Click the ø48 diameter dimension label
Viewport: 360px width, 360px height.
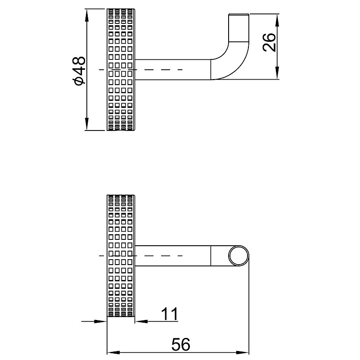(78, 71)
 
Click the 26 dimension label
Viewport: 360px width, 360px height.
(269, 42)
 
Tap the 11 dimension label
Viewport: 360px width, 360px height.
(170, 314)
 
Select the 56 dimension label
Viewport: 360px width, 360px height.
(181, 344)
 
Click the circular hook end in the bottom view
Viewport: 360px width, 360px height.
(238, 256)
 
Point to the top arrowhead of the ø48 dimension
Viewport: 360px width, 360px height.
(86, 15)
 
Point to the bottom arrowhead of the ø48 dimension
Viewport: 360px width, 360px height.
(86, 124)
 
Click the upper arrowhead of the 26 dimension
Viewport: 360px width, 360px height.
(277, 20)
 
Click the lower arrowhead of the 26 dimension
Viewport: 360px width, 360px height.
(277, 73)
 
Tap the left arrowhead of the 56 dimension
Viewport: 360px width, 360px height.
(114, 352)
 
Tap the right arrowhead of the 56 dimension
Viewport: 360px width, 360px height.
(243, 352)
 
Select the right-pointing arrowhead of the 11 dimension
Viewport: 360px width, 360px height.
(101, 321)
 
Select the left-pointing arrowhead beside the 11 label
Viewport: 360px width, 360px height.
(141, 321)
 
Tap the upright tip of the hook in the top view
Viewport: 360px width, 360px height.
(238, 27)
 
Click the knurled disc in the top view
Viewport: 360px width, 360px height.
(121, 70)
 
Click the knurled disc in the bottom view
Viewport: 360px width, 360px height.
(121, 256)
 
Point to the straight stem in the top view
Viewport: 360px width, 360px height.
(173, 70)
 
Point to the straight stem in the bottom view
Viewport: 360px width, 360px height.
(173, 256)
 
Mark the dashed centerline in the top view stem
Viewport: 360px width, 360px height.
(141, 70)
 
